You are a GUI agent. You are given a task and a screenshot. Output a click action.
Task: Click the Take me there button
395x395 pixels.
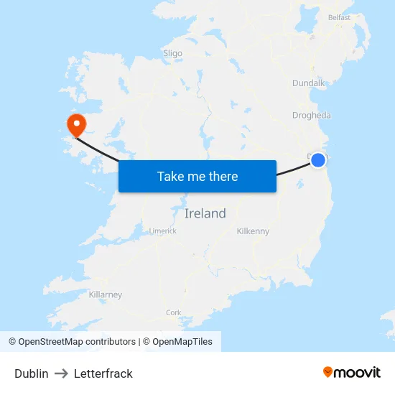[x=197, y=176]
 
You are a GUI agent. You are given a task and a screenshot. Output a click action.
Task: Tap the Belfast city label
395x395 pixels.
[x=339, y=17]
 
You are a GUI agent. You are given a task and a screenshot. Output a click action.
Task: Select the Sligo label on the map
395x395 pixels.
[x=172, y=53]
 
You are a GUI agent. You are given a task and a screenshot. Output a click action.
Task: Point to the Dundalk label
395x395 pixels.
[x=309, y=83]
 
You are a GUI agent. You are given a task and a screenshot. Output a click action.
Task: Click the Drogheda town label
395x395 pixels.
[x=312, y=115]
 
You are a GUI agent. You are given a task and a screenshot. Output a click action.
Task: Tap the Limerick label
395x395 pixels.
[x=162, y=231]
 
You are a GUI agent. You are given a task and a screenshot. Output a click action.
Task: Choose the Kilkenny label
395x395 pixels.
[x=253, y=231]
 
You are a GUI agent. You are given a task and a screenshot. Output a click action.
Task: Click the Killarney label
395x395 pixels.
[x=106, y=294]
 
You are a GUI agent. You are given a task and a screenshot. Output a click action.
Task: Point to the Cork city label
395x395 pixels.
[x=174, y=312]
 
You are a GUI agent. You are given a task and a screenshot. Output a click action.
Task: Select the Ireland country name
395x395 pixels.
[x=205, y=213]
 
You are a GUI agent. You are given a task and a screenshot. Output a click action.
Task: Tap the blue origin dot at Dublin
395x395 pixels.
[x=318, y=160]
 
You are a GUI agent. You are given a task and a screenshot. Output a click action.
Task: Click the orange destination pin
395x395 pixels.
[x=75, y=125]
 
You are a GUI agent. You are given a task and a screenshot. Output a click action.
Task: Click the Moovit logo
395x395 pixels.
[x=351, y=372]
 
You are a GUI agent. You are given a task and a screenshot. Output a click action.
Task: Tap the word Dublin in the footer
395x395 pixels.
[x=32, y=373]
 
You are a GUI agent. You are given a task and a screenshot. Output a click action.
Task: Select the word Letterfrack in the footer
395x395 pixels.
[x=103, y=373]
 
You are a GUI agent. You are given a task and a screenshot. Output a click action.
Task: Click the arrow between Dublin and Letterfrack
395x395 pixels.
[x=61, y=373]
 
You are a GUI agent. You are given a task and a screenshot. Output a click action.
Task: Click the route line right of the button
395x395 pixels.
[x=293, y=169]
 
